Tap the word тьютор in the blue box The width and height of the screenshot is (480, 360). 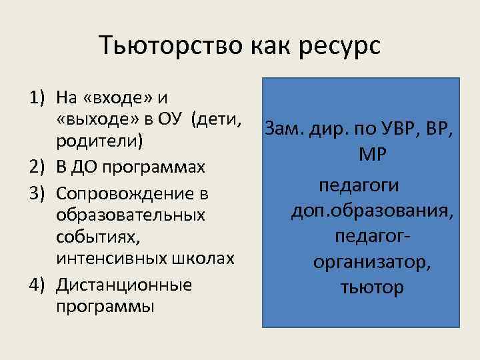click(372, 288)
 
